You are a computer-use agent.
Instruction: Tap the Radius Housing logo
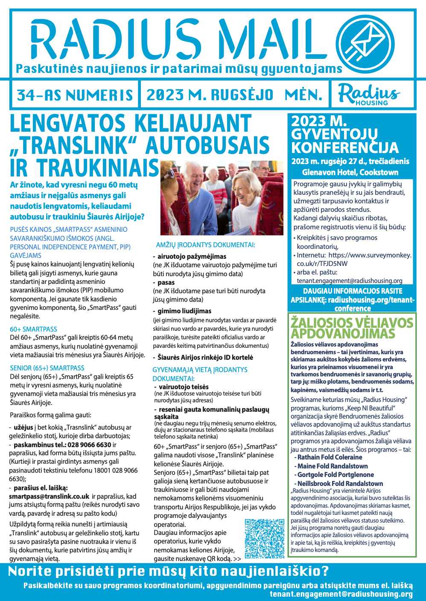click(x=368, y=94)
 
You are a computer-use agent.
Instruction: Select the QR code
click(x=265, y=538)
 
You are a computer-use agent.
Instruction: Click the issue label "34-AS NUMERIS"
click(x=75, y=95)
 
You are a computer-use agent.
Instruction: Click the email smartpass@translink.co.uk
click(x=49, y=496)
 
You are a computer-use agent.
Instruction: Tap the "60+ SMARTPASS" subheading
click(x=33, y=329)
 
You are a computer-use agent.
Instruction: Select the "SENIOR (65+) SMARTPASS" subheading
click(x=47, y=368)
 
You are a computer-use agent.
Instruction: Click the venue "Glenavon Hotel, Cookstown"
click(x=350, y=172)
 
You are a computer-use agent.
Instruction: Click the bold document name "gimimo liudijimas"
click(x=184, y=311)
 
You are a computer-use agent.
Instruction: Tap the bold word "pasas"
click(x=166, y=283)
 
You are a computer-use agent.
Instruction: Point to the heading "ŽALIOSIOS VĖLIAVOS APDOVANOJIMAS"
click(x=352, y=328)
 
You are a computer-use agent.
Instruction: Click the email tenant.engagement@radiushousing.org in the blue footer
click(x=341, y=594)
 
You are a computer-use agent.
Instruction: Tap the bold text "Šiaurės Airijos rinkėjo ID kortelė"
click(x=205, y=357)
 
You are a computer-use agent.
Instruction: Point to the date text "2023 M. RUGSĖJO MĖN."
click(x=234, y=95)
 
